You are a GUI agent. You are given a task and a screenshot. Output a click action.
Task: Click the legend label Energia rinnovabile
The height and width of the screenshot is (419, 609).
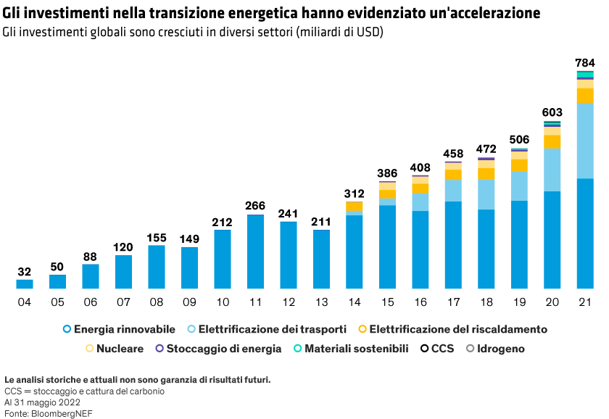124,329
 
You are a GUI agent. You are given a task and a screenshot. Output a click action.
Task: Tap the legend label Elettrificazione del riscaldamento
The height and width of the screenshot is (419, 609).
458,329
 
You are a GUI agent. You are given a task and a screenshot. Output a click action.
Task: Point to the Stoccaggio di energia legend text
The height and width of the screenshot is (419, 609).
223,349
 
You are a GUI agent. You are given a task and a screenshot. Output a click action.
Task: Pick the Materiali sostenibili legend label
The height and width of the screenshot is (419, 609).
357,349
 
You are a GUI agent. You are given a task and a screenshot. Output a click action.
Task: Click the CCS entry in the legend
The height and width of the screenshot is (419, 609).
442,349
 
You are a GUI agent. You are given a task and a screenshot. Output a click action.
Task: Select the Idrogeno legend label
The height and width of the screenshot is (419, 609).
501,349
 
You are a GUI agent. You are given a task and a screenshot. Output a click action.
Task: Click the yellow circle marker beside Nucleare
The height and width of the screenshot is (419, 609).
89,349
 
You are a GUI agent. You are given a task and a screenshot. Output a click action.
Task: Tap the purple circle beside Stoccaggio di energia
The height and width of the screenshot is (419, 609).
159,349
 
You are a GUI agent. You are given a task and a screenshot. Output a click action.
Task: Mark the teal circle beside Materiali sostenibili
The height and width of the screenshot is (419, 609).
298,349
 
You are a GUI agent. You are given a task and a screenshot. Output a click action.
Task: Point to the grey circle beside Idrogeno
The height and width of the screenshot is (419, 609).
471,349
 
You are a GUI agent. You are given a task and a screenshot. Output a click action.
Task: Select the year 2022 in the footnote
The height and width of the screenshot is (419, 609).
69,402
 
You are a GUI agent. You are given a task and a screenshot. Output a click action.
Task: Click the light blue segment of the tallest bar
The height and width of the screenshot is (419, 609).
585,140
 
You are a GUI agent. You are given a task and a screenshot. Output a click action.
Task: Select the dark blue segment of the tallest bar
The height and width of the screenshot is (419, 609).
585,233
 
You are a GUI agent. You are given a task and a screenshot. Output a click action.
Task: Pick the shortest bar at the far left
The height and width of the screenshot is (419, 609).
25,284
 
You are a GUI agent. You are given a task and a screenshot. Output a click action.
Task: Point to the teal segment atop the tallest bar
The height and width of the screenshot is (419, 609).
585,75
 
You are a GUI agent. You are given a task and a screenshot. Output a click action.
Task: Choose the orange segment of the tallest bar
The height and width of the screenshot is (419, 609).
585,96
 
